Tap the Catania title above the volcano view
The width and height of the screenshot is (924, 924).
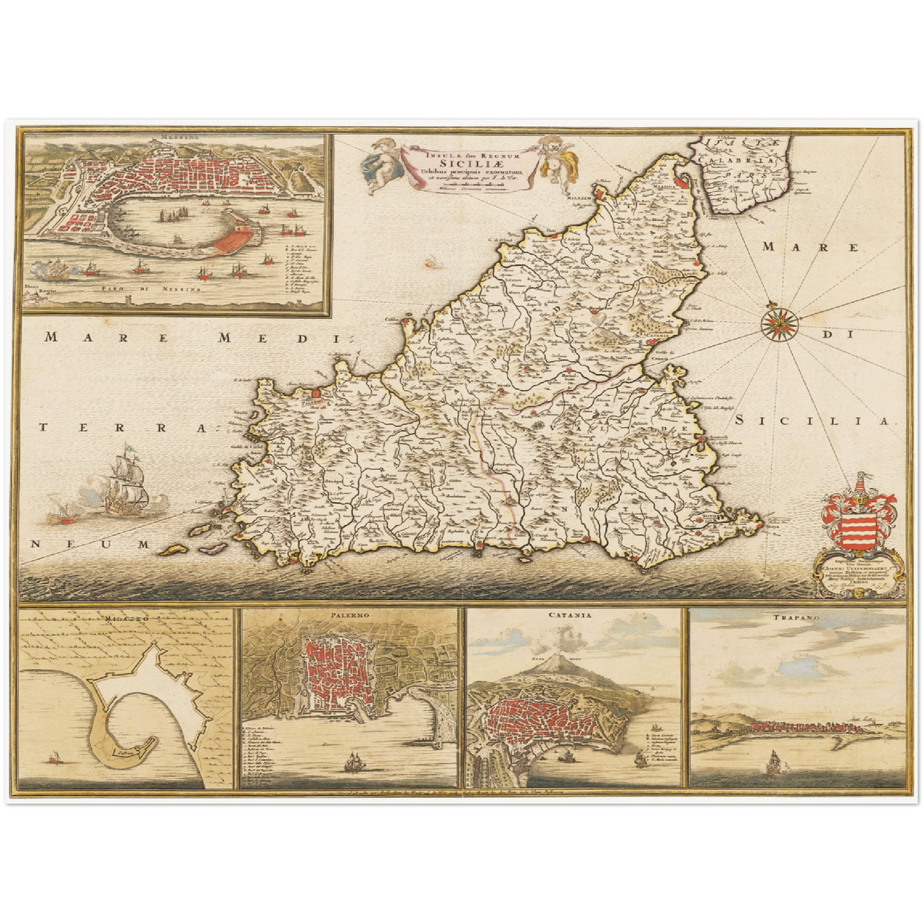click(x=569, y=615)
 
